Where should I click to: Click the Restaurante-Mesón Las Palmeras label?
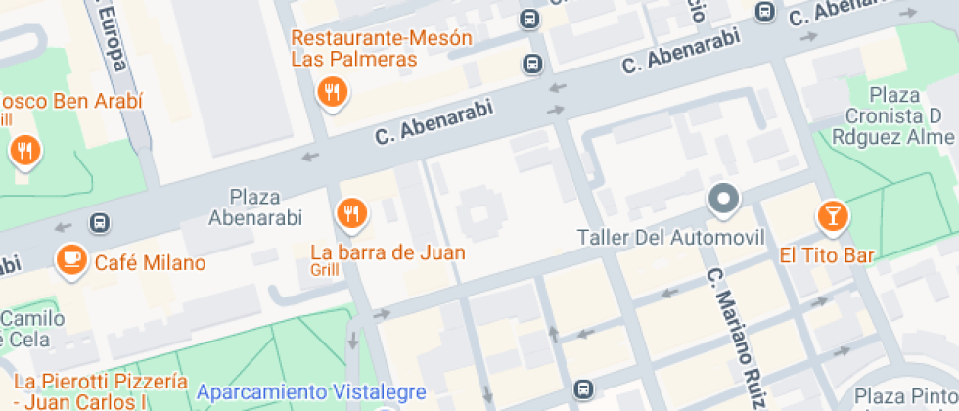pos(382,49)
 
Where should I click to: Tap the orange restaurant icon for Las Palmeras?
pos(333,93)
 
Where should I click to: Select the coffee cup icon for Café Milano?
pos(70,259)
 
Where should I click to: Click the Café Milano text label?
pos(150,262)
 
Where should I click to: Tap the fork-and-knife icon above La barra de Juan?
pos(350,212)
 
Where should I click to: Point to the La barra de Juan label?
pos(388,251)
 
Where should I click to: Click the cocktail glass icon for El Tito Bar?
pos(833,216)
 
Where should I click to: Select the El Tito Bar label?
pos(826,256)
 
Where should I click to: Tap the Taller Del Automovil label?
pos(670,237)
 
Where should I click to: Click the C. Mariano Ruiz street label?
pos(735,338)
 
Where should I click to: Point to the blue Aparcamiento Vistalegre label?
pos(311,392)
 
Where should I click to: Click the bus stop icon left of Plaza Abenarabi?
pos(99,223)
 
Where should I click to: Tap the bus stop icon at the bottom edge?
pos(583,389)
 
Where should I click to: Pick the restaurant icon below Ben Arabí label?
pos(23,151)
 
